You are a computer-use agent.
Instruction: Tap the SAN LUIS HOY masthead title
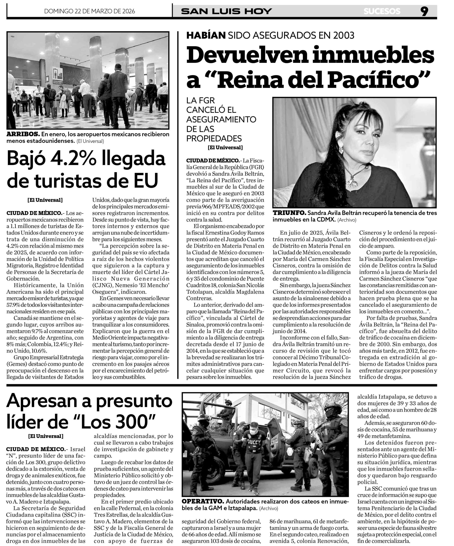[x=226, y=11]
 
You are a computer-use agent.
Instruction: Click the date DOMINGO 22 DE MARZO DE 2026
[x=90, y=11]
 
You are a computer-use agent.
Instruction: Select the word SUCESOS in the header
[x=382, y=11]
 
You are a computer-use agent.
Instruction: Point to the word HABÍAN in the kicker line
[x=206, y=35]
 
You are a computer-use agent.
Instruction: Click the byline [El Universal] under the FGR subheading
[x=225, y=147]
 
